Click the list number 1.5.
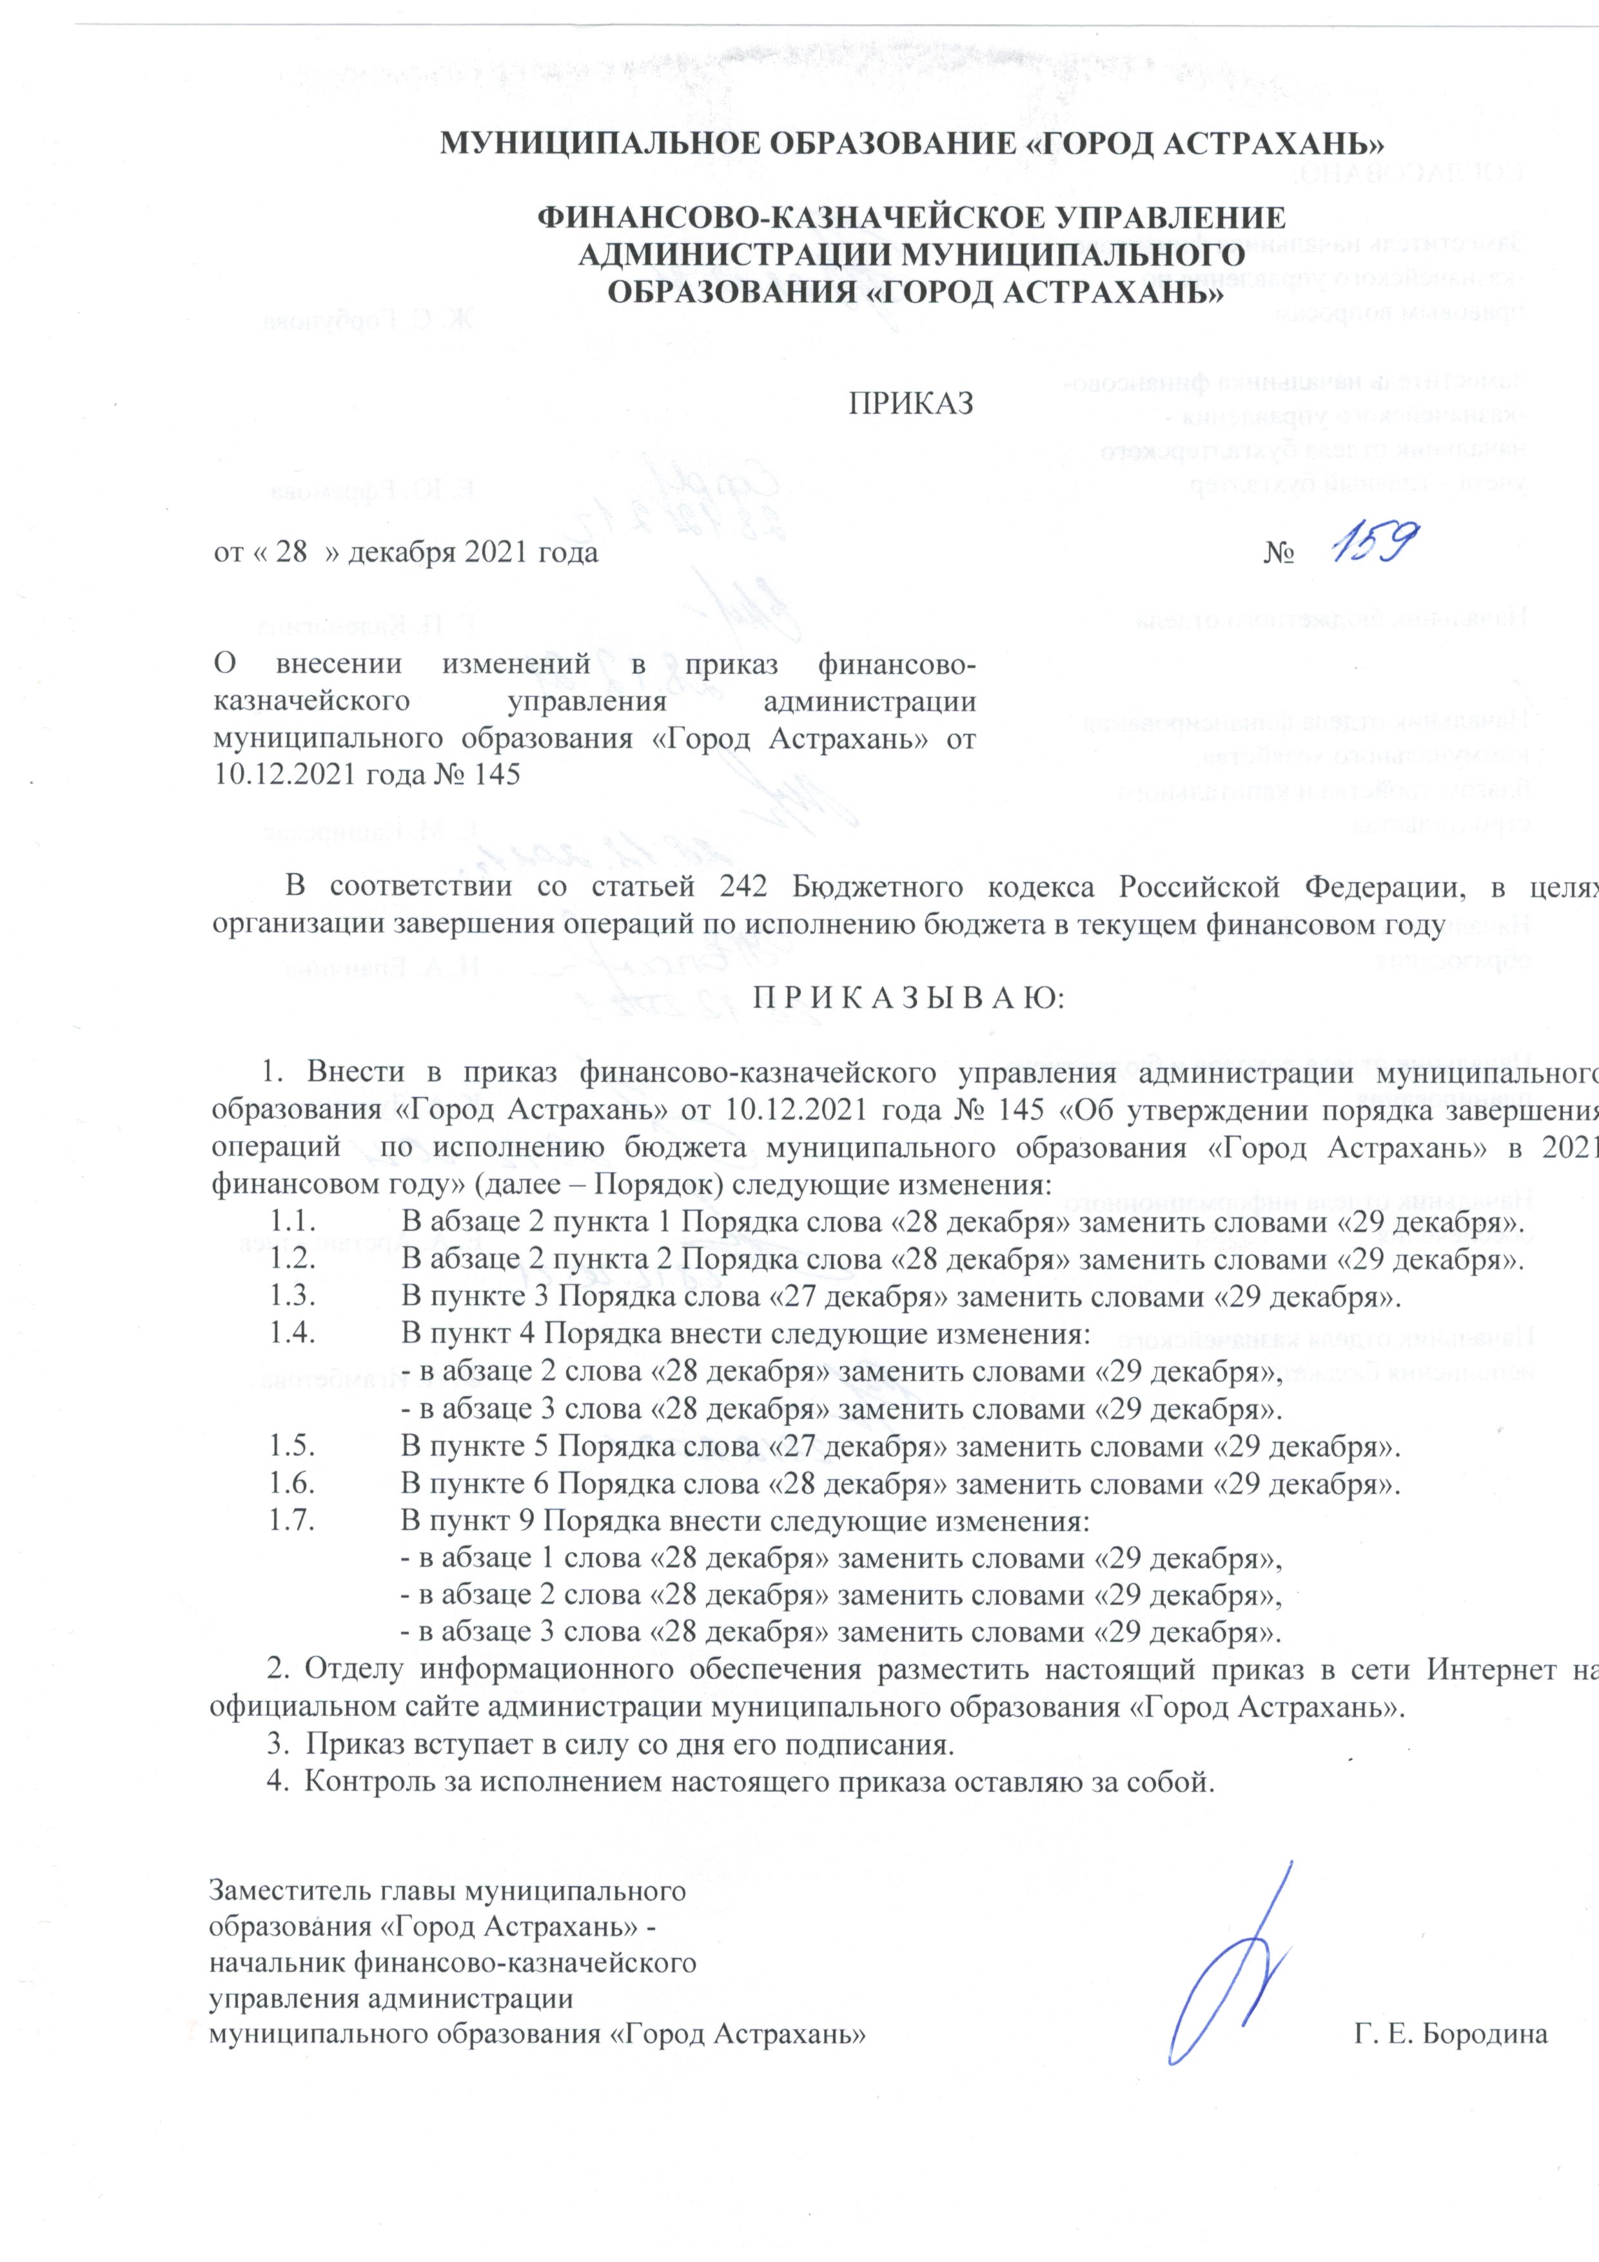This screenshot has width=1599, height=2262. (x=293, y=1447)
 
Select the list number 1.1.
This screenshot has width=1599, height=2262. (x=293, y=1224)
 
